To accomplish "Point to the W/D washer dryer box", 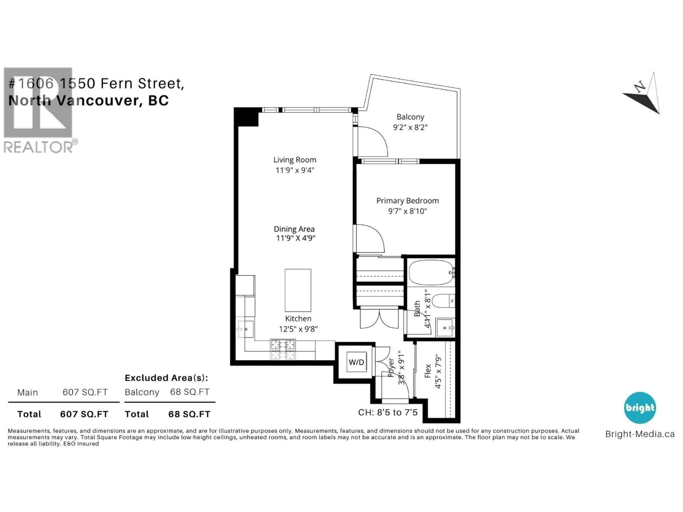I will tap(356, 362).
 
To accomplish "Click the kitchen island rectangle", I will tap(298, 290).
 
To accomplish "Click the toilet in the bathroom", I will tap(443, 301).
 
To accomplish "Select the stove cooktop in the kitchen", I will tap(283, 349).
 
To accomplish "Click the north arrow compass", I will tap(644, 94).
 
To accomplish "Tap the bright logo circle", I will tap(640, 407).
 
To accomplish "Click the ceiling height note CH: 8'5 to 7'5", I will tap(388, 412).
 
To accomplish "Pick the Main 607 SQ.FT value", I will tap(85, 392).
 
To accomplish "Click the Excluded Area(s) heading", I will tap(166, 378).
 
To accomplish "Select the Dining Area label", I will tap(294, 229).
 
